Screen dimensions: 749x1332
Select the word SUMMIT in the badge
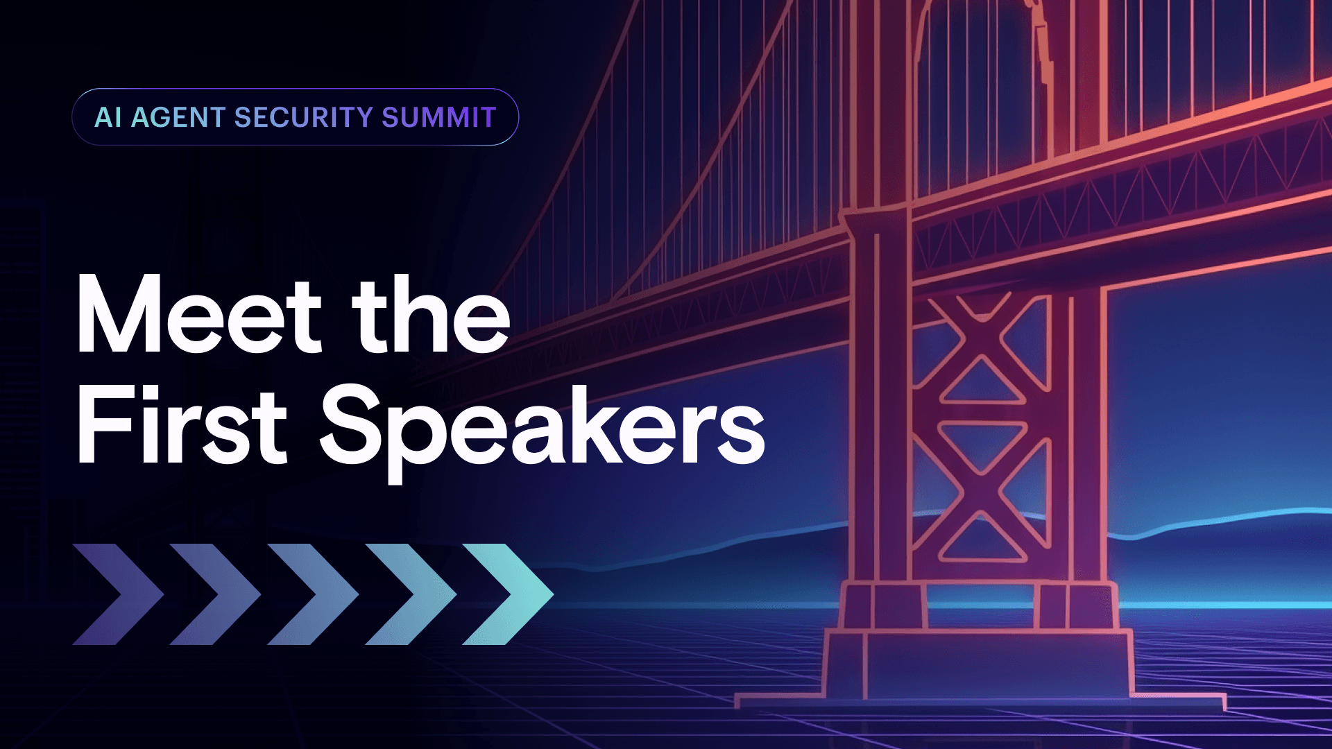pos(438,117)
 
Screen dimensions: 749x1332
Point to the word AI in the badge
pos(108,117)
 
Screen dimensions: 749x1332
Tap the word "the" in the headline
pos(431,316)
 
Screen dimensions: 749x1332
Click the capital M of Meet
pos(119,316)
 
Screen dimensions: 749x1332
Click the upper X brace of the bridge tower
pos(982,347)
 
